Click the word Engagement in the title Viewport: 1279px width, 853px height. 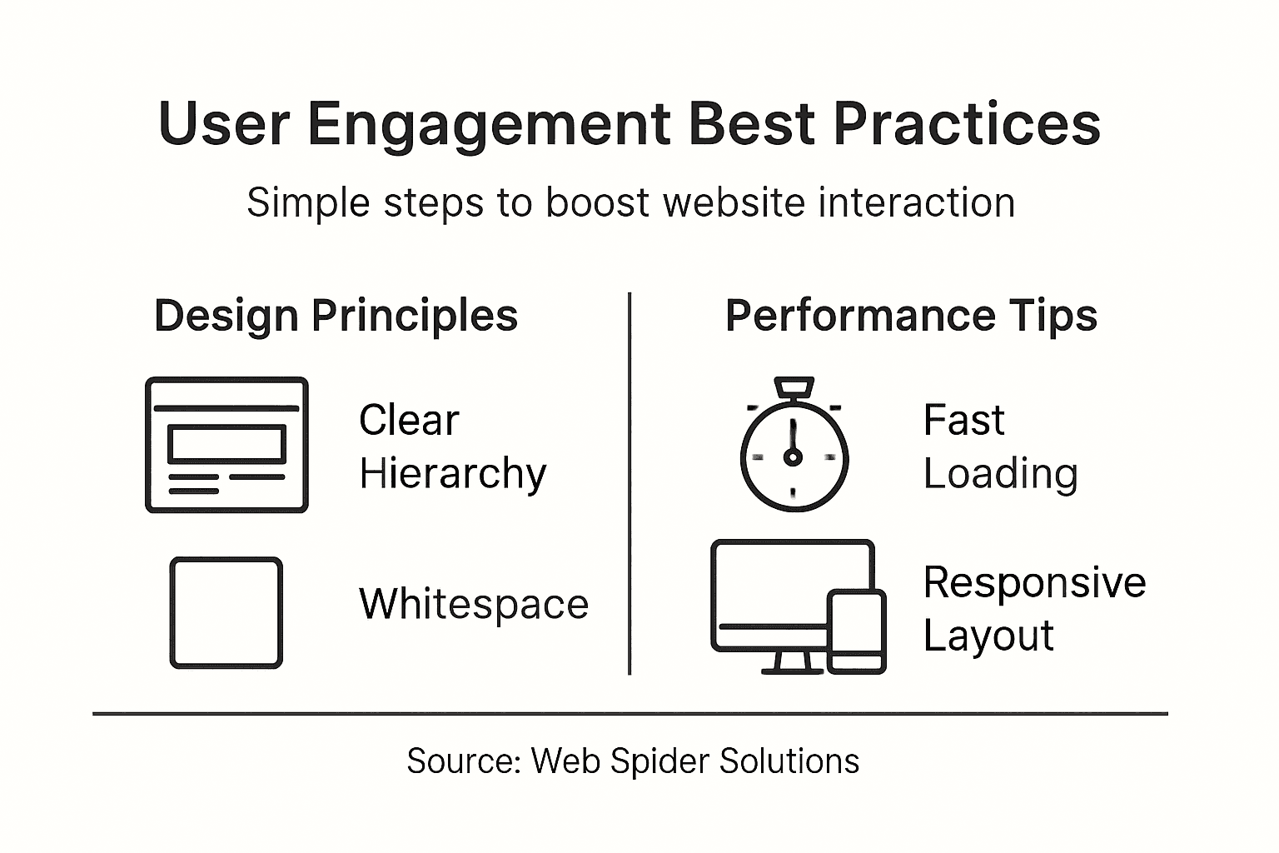click(x=490, y=125)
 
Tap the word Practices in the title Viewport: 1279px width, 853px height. click(x=967, y=125)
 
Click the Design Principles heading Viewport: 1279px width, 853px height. click(x=336, y=316)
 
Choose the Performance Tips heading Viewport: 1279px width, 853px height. click(x=911, y=316)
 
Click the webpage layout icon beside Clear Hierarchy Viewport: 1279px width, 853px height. click(x=226, y=445)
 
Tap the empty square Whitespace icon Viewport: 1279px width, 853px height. click(x=226, y=612)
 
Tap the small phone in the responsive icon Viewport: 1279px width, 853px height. click(x=856, y=631)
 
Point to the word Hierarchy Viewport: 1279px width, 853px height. click(x=452, y=474)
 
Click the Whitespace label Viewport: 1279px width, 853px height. click(x=473, y=604)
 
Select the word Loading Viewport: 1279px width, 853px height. click(x=1000, y=474)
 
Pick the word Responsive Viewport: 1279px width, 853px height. click(x=1034, y=582)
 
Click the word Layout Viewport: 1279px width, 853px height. click(x=988, y=636)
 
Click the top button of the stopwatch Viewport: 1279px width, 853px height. click(x=794, y=387)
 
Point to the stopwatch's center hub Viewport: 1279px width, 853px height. click(x=793, y=456)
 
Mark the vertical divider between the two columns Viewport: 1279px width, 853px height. click(x=630, y=483)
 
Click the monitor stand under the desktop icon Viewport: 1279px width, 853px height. click(x=787, y=663)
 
